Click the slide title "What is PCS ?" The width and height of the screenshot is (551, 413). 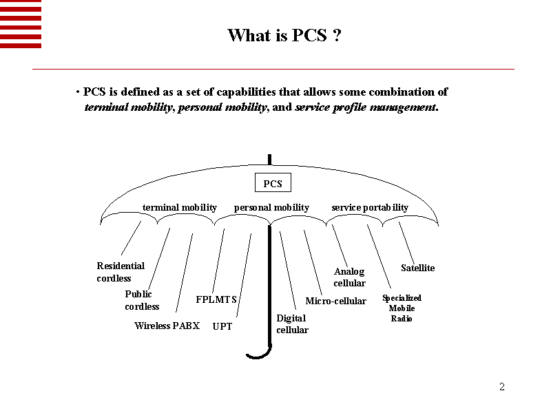pyautogui.click(x=284, y=35)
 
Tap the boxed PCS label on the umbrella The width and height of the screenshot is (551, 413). pyautogui.click(x=273, y=183)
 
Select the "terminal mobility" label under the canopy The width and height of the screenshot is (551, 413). pyautogui.click(x=179, y=207)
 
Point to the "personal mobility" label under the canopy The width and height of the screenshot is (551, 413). pyautogui.click(x=271, y=207)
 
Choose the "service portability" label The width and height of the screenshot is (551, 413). pyautogui.click(x=369, y=207)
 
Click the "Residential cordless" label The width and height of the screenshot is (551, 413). pyautogui.click(x=121, y=272)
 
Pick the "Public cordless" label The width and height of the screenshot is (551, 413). pyautogui.click(x=142, y=300)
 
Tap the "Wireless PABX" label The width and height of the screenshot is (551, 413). pyautogui.click(x=167, y=326)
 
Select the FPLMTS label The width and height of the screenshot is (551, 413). pyautogui.click(x=216, y=299)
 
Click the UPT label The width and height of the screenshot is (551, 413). pyautogui.click(x=222, y=326)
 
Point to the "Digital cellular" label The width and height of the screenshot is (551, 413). pyautogui.click(x=292, y=324)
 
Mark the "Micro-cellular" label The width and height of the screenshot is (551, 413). pyautogui.click(x=335, y=301)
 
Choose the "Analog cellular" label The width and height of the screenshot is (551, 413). pyautogui.click(x=349, y=277)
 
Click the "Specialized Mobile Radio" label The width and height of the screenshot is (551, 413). pyautogui.click(x=402, y=308)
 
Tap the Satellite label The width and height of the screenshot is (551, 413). pyautogui.click(x=417, y=268)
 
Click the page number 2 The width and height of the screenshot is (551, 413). pyautogui.click(x=502, y=387)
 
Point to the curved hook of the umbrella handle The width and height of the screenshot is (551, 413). pyautogui.click(x=259, y=355)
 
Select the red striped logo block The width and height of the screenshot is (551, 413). pyautogui.click(x=21, y=24)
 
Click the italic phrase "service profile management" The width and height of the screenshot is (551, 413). pyautogui.click(x=365, y=107)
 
